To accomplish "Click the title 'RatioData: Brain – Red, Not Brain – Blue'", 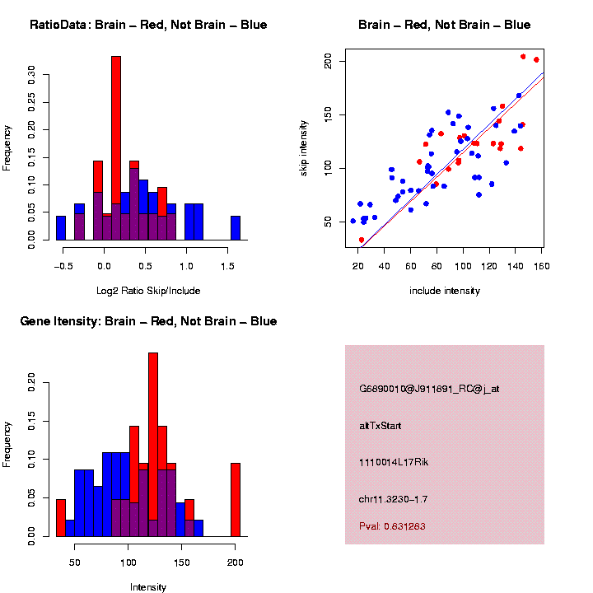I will pos(148,25).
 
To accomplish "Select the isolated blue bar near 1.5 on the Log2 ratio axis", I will pos(236,228).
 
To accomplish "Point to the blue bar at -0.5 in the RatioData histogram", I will pos(61,228).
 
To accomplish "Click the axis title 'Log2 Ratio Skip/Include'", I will pos(148,291).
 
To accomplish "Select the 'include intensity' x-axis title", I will pos(445,291).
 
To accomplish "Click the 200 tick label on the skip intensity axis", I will pos(329,61).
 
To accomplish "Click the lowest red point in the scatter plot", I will pos(361,240).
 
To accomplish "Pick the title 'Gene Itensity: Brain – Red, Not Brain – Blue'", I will pos(148,321).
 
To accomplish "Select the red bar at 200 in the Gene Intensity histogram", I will pos(236,499).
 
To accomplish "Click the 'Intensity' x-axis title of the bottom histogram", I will pos(148,587).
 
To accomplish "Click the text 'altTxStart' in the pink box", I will pos(381,426).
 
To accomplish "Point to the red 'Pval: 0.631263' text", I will pos(398,525).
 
